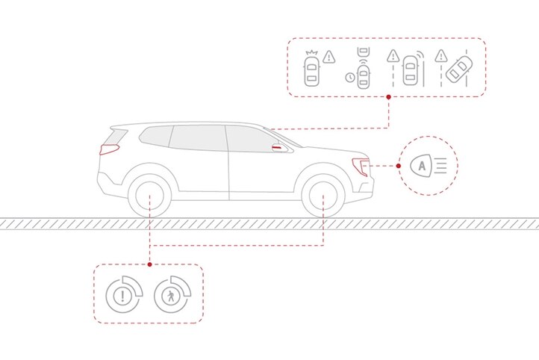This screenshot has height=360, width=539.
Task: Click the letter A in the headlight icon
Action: pyautogui.click(x=422, y=166)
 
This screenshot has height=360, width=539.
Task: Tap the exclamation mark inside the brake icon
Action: pyautogui.click(x=122, y=296)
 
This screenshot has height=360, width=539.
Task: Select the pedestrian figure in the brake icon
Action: pyautogui.click(x=171, y=296)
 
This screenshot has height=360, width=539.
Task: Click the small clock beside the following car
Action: pyautogui.click(x=350, y=78)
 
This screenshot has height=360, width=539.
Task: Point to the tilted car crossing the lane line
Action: pyautogui.click(x=458, y=69)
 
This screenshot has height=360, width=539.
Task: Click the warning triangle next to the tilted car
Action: pyautogui.click(x=440, y=56)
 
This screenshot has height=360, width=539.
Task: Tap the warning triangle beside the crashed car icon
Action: pyautogui.click(x=329, y=56)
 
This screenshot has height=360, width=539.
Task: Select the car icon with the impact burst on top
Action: pyautogui.click(x=311, y=69)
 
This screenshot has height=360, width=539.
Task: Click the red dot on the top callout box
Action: pyautogui.click(x=388, y=97)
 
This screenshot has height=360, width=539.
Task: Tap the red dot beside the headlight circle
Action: pyautogui.click(x=399, y=166)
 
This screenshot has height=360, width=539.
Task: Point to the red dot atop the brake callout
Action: pyautogui.click(x=149, y=264)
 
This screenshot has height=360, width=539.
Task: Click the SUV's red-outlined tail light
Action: pyautogui.click(x=109, y=149)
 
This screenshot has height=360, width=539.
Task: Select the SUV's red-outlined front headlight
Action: pyautogui.click(x=361, y=167)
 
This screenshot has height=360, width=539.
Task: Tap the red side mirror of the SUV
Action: pyautogui.click(x=279, y=148)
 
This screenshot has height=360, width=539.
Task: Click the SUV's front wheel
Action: pyautogui.click(x=323, y=196)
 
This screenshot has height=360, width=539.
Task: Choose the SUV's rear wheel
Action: pyautogui.click(x=149, y=196)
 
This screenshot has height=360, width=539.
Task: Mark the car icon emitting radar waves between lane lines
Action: pyautogui.click(x=411, y=70)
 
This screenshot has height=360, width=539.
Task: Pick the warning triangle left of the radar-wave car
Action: pyautogui.click(x=393, y=56)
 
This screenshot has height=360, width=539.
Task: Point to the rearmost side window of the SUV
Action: pyautogui.click(x=155, y=136)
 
